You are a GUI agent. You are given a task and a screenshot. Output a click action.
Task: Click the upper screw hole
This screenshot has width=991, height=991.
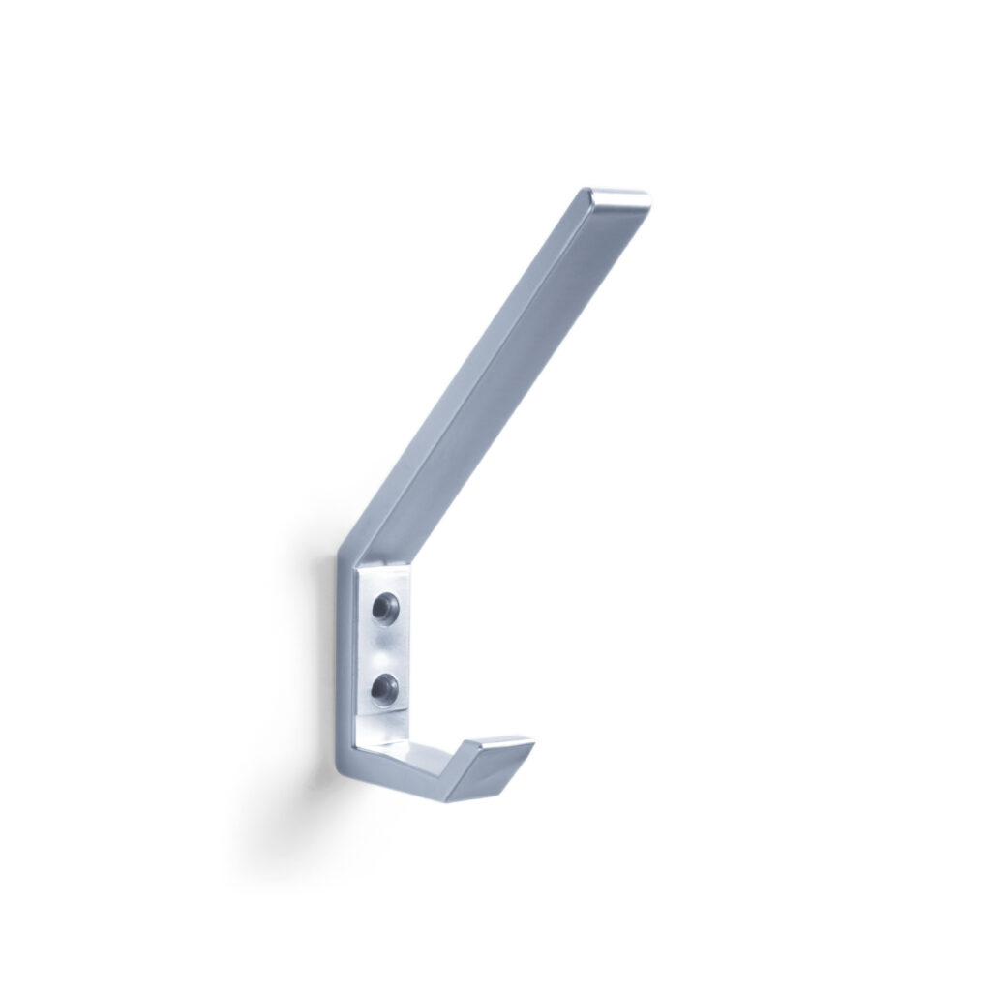pos(385,609)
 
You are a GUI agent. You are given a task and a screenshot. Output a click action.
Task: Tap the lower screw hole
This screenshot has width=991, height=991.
pos(385,688)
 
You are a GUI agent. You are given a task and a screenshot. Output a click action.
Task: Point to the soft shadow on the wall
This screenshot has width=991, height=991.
pos(305,697)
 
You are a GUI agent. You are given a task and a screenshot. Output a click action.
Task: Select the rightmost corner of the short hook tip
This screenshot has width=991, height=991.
pos(533,743)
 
